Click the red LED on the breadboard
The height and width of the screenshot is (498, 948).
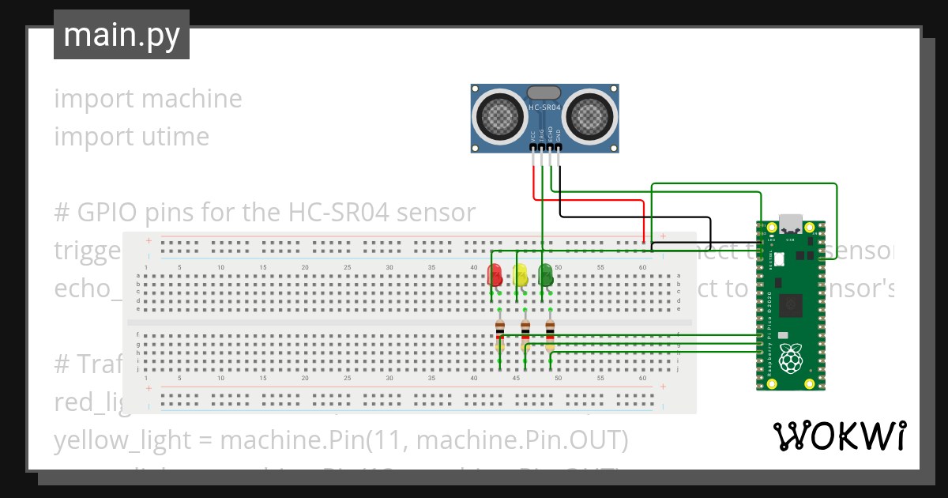tap(495, 275)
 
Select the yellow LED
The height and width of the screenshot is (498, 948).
tap(521, 275)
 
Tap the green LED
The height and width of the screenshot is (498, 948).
tap(545, 275)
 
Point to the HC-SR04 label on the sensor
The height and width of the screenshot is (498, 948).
tap(544, 108)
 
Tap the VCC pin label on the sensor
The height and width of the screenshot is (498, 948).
tap(533, 135)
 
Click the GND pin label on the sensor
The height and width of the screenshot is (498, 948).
tap(558, 135)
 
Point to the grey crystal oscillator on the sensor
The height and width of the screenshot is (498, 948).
tap(544, 93)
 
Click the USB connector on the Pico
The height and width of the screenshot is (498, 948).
tap(790, 224)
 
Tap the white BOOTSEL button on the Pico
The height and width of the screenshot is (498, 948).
tap(778, 258)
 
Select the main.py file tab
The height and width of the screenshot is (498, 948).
tap(122, 35)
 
